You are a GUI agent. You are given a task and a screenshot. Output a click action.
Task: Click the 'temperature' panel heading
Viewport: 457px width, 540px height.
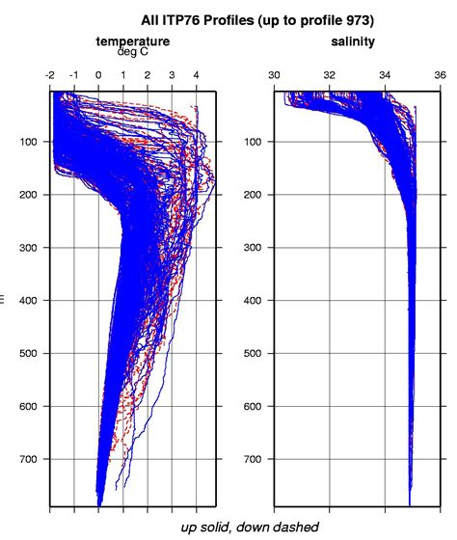[x=133, y=41]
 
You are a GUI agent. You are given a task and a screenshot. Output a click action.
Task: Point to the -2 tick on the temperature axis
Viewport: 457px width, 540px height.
[x=50, y=73]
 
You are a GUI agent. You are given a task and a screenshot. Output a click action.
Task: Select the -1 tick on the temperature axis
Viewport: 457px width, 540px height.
[x=74, y=73]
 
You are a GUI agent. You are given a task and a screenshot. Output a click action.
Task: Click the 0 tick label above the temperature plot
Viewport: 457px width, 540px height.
[x=98, y=73]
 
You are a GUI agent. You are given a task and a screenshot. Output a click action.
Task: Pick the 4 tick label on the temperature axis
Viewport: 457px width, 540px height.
[x=196, y=73]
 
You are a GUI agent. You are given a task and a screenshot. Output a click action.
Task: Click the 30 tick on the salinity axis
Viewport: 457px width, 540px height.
[x=275, y=73]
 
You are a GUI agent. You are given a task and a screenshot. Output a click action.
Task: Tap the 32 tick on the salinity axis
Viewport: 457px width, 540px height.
[x=330, y=73]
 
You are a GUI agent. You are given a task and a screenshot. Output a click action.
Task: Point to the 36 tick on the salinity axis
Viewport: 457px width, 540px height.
[x=440, y=73]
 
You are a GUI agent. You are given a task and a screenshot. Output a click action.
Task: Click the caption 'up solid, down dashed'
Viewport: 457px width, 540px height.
[x=250, y=526]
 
